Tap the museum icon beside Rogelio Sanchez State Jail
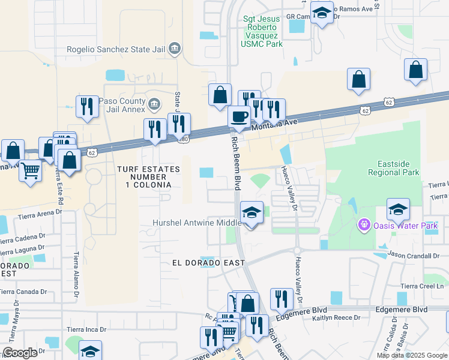175,48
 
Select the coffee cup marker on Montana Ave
240,117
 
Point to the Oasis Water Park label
405,226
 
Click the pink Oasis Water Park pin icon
363,226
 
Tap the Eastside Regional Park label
398,168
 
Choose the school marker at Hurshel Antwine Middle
252,212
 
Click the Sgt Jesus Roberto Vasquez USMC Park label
262,31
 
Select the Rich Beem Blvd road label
236,162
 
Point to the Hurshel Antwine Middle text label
196,223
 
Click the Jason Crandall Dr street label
413,255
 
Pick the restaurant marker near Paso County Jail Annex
88,107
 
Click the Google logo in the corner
20,353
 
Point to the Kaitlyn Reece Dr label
336,317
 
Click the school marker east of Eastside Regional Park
398,209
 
